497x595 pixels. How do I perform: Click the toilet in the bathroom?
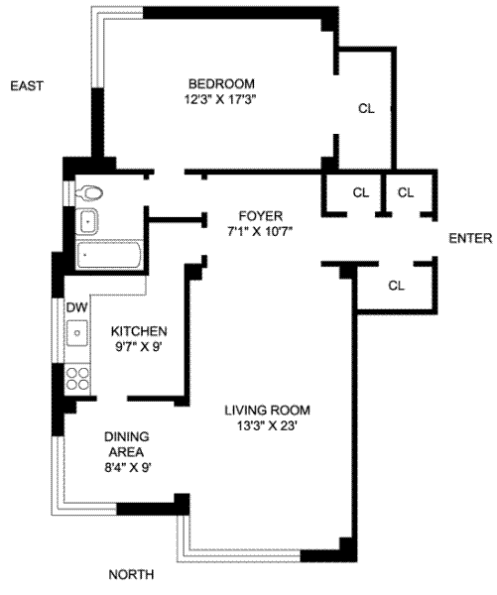89,192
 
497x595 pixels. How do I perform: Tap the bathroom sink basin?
87,221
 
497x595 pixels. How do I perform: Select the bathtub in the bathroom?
109,255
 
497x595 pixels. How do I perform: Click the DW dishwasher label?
77,307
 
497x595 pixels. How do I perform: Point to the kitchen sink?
77,333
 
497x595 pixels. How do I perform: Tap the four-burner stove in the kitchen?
77,379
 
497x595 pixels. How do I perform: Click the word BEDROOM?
222,83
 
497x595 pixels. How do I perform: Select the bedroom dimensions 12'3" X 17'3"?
220,100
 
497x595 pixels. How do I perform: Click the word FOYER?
261,216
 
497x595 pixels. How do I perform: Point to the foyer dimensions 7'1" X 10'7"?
260,231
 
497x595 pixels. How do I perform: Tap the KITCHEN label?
139,331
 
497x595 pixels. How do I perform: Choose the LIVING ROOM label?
267,411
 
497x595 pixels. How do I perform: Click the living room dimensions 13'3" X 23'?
267,426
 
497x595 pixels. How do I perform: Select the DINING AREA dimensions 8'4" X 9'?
128,468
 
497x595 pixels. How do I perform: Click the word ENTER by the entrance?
470,238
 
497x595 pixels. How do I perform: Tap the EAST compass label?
27,85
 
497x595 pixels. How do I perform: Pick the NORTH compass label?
131,574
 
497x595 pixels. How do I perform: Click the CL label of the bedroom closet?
366,108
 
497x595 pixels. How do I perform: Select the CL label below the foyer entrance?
397,286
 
